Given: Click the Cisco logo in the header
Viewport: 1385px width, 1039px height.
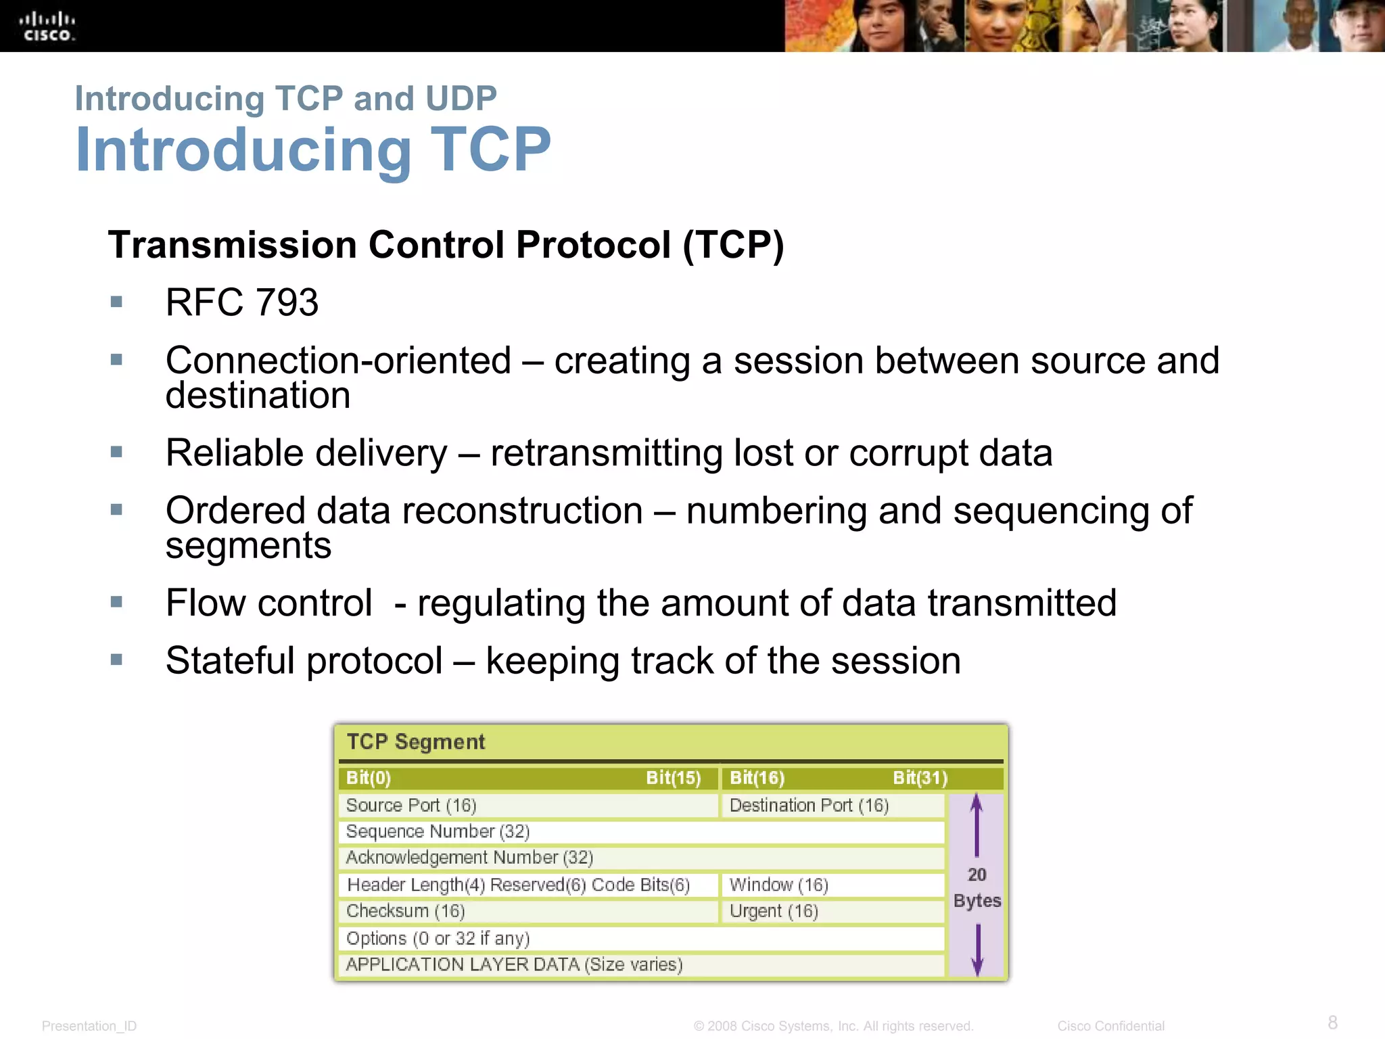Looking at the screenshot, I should pos(47,26).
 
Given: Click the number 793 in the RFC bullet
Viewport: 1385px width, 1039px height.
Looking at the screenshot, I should pos(287,302).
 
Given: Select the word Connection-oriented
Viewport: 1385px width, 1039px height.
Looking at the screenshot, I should pos(338,360).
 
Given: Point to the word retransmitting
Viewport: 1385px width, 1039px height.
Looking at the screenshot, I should pos(606,453).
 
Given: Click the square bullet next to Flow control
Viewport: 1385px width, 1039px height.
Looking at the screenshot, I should pos(116,601).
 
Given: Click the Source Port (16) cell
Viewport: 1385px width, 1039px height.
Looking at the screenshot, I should pos(527,805).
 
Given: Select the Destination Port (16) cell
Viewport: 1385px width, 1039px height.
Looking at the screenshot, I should pos(832,805).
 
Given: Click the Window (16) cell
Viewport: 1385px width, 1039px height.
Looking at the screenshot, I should pos(832,885).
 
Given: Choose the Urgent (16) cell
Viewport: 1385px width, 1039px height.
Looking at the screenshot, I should pos(832,911).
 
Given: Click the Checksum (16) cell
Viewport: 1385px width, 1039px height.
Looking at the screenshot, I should pos(527,911).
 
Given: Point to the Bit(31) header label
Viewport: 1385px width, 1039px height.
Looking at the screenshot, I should pos(920,778).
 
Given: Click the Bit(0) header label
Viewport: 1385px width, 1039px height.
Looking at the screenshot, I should pos(369,778).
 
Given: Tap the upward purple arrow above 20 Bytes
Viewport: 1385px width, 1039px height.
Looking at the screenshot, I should pos(977,825).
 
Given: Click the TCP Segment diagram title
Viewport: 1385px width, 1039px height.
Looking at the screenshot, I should pos(416,742).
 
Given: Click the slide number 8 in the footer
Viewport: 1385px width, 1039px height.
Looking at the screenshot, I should pos(1332,1022).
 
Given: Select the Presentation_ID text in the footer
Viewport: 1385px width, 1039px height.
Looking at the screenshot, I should pos(89,1026).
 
